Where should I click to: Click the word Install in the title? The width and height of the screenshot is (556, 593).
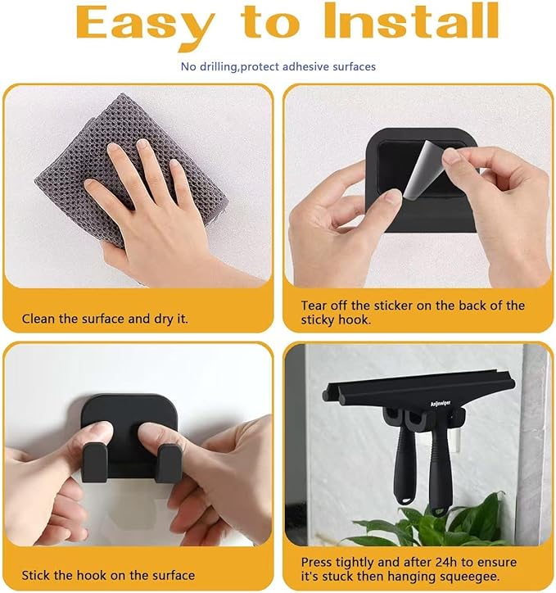[x=411, y=20]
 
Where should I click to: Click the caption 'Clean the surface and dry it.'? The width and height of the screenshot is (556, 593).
[x=105, y=319]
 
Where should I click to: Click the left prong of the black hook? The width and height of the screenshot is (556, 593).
[x=94, y=463]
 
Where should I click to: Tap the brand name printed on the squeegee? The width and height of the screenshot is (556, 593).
[x=441, y=404]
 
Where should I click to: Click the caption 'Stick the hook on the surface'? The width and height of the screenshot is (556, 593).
[x=108, y=576]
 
